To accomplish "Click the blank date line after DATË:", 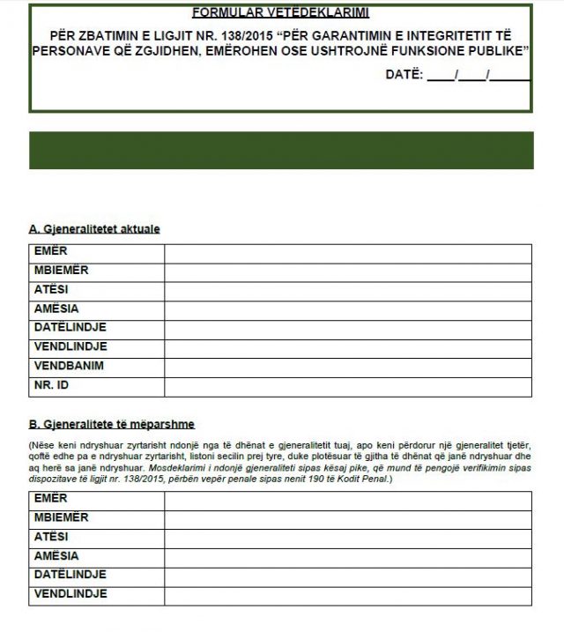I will [479, 77].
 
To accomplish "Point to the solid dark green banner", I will [282, 151].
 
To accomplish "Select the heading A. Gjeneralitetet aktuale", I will [94, 229].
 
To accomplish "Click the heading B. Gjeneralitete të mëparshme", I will [111, 423].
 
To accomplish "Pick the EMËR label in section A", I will [50, 252].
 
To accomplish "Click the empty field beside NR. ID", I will [347, 385].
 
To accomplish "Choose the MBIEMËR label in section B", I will [61, 518].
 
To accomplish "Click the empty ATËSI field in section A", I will [347, 290].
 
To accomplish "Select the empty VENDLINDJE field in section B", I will [347, 595].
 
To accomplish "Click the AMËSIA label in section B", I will [56, 556].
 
